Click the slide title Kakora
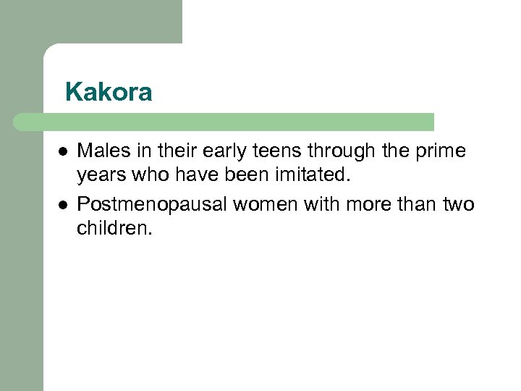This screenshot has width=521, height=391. tap(109, 93)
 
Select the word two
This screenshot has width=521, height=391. tap(457, 205)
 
